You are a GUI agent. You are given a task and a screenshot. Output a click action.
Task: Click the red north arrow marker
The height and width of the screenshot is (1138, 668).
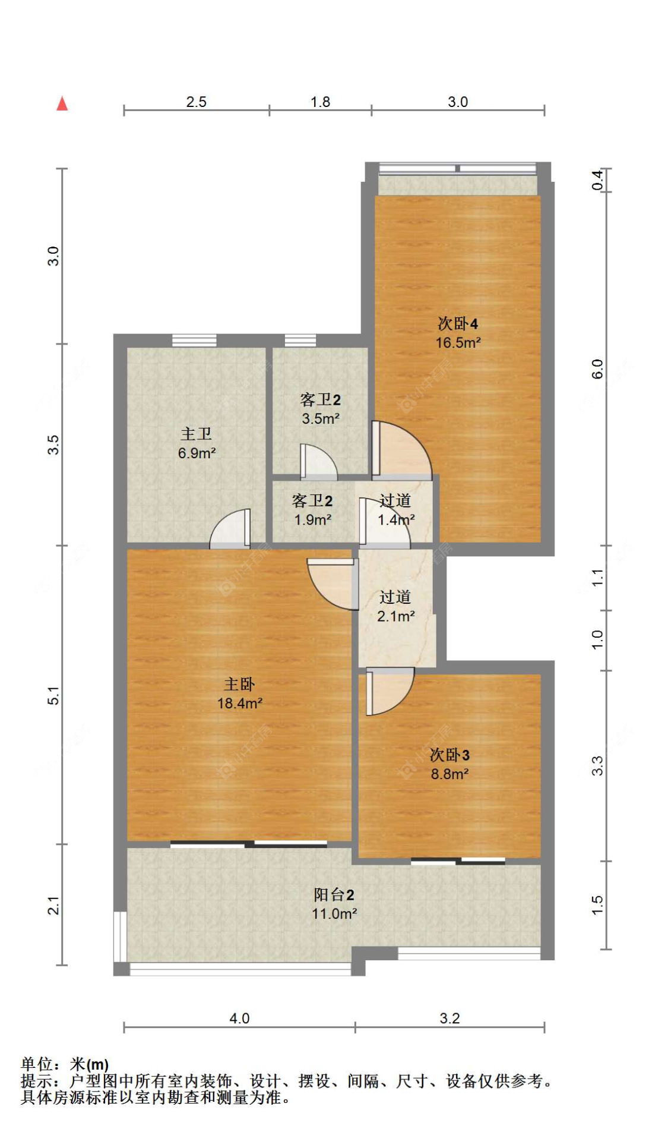tap(62, 103)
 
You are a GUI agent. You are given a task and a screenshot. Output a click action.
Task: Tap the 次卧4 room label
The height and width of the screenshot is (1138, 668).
tap(457, 323)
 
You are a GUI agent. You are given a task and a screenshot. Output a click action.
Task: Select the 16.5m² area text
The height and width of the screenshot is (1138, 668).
tap(457, 343)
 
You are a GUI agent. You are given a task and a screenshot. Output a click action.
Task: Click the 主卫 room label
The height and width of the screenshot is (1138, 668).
tap(196, 434)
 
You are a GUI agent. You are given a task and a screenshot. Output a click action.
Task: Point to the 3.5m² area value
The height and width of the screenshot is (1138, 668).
tap(321, 418)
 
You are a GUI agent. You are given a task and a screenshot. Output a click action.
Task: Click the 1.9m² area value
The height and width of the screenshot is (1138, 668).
tap(312, 520)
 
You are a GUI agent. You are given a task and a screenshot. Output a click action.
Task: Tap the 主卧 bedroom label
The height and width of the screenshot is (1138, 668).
tap(239, 684)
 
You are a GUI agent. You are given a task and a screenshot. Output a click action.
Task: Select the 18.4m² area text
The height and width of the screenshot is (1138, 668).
tap(239, 704)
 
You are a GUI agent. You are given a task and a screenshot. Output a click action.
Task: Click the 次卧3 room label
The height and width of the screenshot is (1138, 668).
tap(449, 755)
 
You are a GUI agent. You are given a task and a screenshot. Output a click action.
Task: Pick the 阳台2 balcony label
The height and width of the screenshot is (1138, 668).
tap(334, 894)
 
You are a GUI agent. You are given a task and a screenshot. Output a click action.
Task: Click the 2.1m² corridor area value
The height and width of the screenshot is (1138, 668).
tap(395, 616)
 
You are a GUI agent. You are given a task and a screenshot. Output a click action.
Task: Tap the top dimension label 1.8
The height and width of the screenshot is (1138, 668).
tap(320, 102)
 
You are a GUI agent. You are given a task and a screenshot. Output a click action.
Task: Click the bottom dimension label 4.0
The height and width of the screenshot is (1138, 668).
tap(239, 1018)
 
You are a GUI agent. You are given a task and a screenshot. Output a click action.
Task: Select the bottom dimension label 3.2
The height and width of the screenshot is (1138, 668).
tap(449, 1018)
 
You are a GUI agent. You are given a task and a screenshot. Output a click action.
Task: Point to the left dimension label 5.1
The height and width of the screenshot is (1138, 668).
tap(53, 695)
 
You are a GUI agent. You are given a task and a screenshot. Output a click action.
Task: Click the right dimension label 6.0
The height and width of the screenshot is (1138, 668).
tap(597, 368)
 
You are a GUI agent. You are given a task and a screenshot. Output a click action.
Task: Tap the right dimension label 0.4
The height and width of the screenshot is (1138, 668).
tap(597, 180)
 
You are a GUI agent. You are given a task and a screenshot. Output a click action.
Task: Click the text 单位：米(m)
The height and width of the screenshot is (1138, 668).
tap(65, 1064)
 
